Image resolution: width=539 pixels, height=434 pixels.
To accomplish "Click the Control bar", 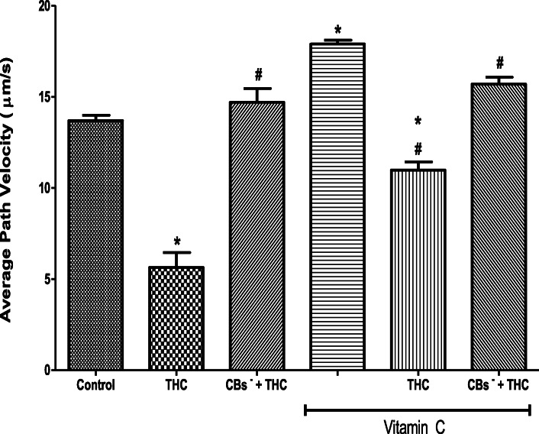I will [95, 245].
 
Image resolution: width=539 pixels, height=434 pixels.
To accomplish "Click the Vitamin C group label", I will [418, 425].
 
